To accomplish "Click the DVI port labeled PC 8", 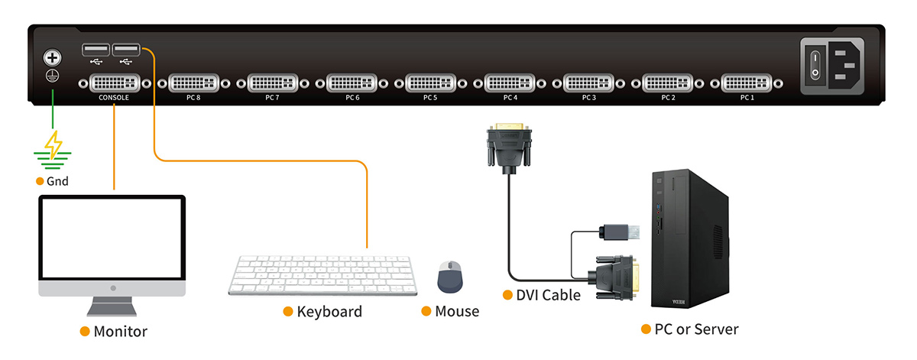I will (x=193, y=83).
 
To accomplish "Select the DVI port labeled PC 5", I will (x=430, y=83).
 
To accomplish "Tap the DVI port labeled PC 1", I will (x=747, y=83).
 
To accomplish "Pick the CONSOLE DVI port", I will (x=114, y=83).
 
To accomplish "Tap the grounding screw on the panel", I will (x=52, y=58).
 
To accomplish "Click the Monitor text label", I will (x=120, y=332).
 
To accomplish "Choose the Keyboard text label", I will (x=329, y=312).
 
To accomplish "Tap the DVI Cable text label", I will (x=548, y=295).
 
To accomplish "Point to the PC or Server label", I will (x=696, y=329).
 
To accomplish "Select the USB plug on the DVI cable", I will (x=619, y=232).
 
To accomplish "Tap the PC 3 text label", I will (x=588, y=98).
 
